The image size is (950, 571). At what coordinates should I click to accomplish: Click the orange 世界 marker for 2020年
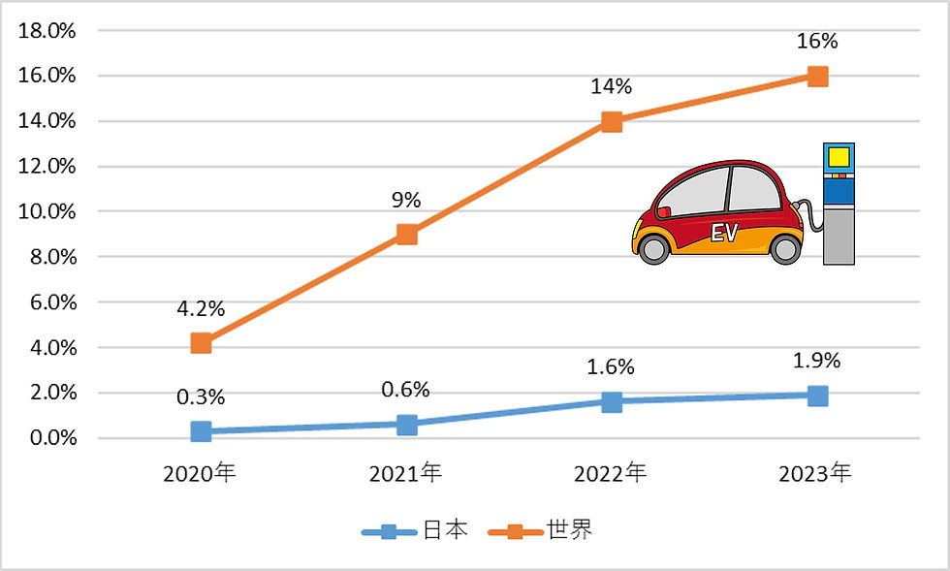point(202,342)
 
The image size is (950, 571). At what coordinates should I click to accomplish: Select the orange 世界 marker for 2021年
point(407,234)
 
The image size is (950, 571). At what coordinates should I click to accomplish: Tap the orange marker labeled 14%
point(612,121)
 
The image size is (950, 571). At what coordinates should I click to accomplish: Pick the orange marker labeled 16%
point(817,76)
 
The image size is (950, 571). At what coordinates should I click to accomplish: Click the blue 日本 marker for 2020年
point(202,431)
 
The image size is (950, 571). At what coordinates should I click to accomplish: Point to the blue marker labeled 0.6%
point(407,425)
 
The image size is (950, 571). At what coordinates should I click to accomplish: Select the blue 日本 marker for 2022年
point(612,402)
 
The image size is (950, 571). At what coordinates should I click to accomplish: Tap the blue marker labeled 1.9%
point(817,396)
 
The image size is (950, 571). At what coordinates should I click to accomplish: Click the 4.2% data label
point(201,309)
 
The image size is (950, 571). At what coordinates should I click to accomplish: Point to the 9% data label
point(406,201)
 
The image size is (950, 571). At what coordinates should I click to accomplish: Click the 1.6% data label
point(611,367)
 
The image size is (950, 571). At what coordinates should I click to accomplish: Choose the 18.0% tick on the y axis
point(47,30)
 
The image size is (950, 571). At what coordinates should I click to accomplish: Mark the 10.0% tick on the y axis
point(47,211)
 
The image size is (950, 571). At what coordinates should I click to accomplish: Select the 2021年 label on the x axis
point(406,474)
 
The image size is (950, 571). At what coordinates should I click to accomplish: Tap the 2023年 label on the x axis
point(816,474)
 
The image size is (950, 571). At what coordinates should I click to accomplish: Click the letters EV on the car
point(724,233)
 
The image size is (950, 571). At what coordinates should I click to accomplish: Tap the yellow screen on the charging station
point(838,156)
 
